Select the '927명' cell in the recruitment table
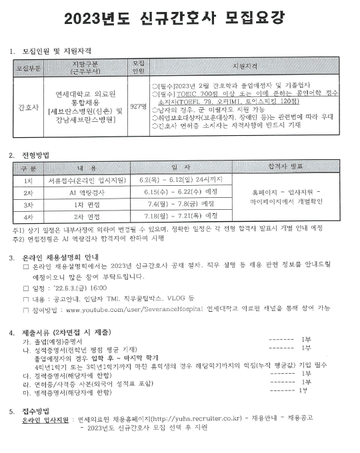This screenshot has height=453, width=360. [x=139, y=107]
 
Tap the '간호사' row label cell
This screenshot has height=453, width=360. [x=28, y=107]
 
